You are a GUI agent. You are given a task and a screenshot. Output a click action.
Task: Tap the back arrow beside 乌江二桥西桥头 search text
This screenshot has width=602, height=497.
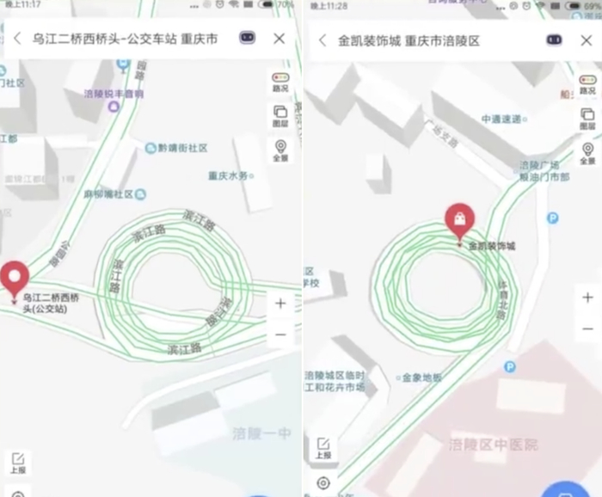(17, 39)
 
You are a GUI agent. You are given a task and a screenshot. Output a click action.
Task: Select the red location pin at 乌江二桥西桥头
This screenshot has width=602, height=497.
(14, 278)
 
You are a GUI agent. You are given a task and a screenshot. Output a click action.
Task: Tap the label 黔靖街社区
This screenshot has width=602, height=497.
(182, 148)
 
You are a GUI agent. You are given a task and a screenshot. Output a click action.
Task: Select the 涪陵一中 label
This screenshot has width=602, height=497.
(261, 433)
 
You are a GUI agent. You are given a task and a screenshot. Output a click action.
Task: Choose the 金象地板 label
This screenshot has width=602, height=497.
(421, 377)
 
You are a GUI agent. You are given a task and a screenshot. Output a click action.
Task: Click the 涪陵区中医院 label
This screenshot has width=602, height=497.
(493, 445)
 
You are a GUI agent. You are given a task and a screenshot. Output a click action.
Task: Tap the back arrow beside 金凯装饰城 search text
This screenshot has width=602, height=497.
(322, 40)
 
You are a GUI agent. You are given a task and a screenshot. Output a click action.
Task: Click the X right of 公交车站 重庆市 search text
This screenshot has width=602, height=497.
(279, 39)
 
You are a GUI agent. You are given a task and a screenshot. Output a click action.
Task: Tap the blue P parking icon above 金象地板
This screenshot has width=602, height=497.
(510, 367)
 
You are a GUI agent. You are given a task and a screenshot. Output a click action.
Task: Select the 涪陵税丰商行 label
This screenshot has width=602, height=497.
(114, 94)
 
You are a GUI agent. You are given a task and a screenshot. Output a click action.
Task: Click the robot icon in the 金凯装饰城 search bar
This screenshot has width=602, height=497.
(554, 40)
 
